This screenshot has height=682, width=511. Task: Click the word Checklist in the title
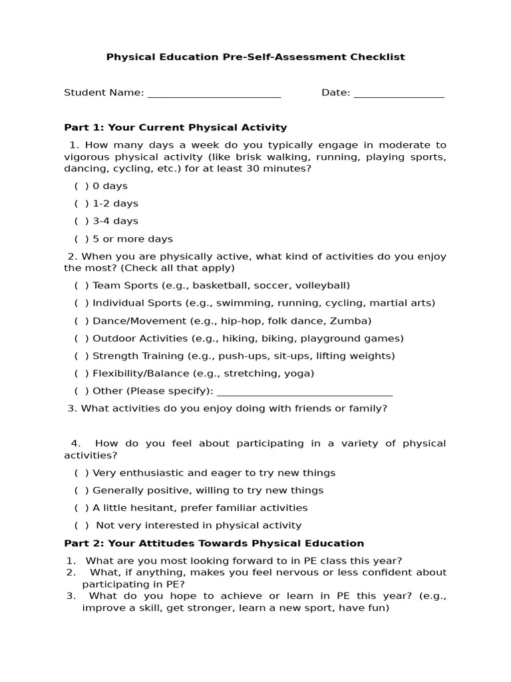(377, 57)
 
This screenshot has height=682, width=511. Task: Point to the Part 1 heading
(175, 127)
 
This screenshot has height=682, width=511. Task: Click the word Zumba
(356, 321)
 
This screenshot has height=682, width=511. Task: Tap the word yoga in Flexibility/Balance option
(299, 374)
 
